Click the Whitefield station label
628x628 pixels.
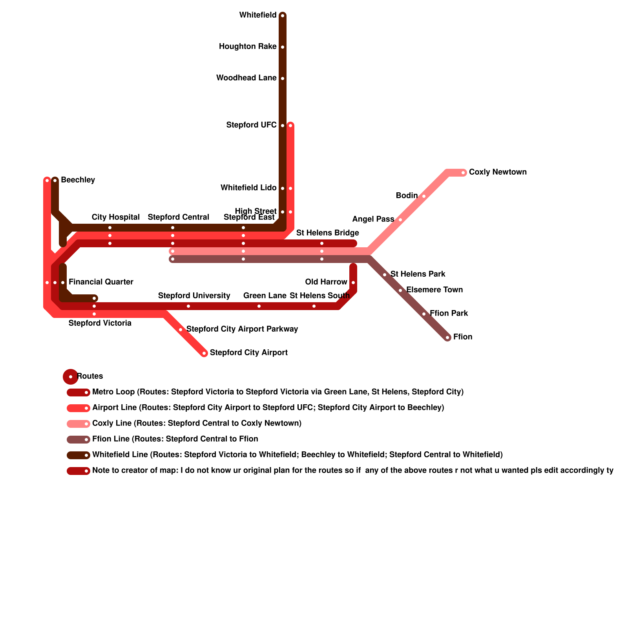tap(257, 15)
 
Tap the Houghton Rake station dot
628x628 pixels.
tap(283, 47)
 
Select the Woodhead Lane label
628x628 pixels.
tap(246, 78)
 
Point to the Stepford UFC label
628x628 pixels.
tap(251, 125)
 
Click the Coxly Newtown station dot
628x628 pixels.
tap(463, 173)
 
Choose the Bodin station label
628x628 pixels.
tap(407, 196)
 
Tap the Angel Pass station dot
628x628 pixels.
tap(400, 220)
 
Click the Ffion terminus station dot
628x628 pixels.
tap(447, 338)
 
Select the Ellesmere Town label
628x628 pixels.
tap(434, 290)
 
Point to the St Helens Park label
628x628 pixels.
tap(418, 274)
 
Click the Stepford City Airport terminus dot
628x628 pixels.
tap(204, 353)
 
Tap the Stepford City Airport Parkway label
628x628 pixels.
tap(242, 329)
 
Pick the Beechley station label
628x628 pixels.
tap(78, 180)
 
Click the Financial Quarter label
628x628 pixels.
tap(101, 282)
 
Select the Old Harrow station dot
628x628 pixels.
tap(353, 283)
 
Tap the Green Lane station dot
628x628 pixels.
tap(259, 306)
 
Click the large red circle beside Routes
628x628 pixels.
tap(71, 377)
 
